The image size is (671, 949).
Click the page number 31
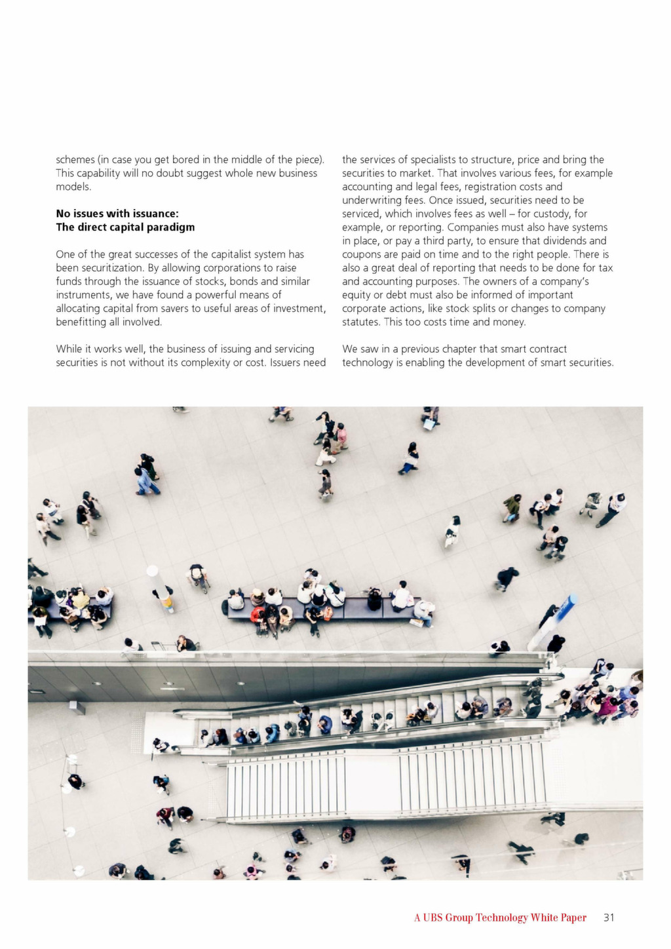(609, 918)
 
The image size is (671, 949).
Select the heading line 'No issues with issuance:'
(117, 214)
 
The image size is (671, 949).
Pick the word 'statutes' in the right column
(361, 322)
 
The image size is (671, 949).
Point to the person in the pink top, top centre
(341, 435)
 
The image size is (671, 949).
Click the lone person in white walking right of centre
(452, 532)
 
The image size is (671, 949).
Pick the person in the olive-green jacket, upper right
(512, 507)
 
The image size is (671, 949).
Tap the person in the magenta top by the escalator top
(607, 706)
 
